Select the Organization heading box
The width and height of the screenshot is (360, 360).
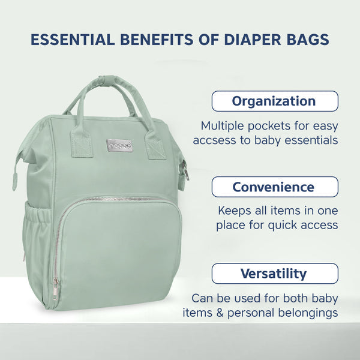pyautogui.click(x=274, y=101)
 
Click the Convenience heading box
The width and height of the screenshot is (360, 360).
pyautogui.click(x=274, y=187)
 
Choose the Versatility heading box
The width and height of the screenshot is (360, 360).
pyautogui.click(x=274, y=274)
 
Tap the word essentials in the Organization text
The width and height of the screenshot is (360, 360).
pyautogui.click(x=308, y=140)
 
